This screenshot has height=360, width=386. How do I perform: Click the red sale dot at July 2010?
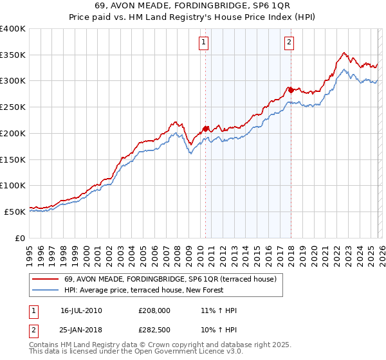(206, 129)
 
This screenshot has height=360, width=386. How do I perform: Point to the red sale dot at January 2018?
(291, 90)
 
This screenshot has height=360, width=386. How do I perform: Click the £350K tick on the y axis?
(13, 55)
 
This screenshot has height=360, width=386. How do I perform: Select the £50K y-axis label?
(15, 212)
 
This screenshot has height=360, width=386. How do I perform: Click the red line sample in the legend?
(45, 279)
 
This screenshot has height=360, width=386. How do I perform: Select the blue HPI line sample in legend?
(45, 290)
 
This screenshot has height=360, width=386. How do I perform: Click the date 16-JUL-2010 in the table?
(81, 310)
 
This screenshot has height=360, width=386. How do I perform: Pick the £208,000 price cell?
(154, 310)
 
